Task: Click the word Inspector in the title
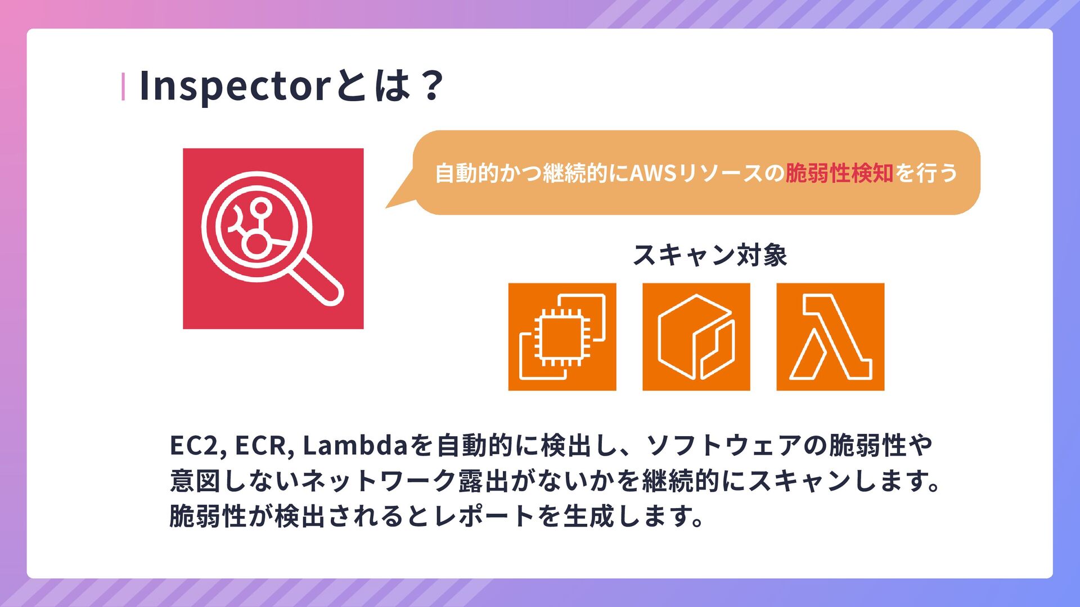[x=234, y=86]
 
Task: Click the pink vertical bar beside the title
[x=123, y=87]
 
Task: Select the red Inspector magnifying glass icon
[x=273, y=238]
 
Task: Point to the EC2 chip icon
[x=562, y=337]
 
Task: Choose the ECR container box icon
[x=696, y=337]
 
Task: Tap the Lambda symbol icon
[x=830, y=337]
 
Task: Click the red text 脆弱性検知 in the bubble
[x=839, y=173]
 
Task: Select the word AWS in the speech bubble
[x=652, y=173]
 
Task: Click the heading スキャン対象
[x=710, y=255]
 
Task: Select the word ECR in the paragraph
[x=263, y=446]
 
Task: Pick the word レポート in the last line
[x=483, y=516]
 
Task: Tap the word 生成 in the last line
[x=588, y=516]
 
